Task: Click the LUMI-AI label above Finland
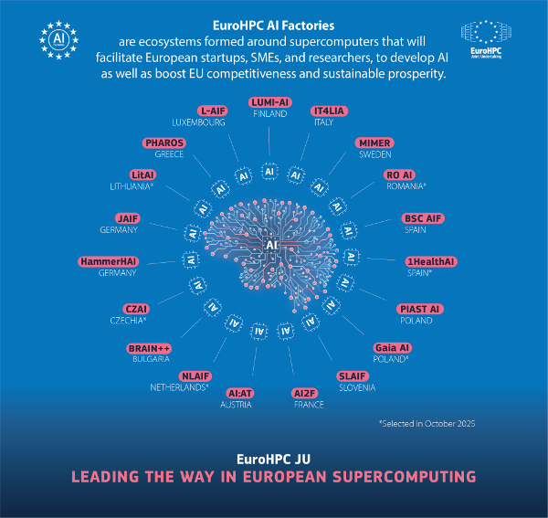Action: [x=270, y=102]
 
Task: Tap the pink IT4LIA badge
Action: [x=329, y=111]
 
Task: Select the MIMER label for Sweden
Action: [x=374, y=143]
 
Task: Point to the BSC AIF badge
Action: [x=423, y=218]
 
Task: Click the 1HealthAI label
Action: [x=431, y=262]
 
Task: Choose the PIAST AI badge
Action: [x=419, y=309]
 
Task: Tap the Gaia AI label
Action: [x=392, y=348]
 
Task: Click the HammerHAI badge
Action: [x=109, y=262]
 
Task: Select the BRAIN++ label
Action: [x=149, y=348]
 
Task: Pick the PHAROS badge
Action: [x=163, y=143]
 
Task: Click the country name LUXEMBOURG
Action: [x=198, y=122]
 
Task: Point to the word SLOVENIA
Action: [x=357, y=387]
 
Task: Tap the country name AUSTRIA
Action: [x=236, y=405]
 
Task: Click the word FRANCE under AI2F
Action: [x=309, y=405]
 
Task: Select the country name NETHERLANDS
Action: [x=178, y=387]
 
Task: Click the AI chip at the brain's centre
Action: [x=271, y=245]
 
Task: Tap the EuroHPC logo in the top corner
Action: [x=486, y=39]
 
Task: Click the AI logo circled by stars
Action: [x=58, y=40]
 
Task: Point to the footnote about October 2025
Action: [x=427, y=424]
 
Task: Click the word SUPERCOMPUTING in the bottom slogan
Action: [x=404, y=477]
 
